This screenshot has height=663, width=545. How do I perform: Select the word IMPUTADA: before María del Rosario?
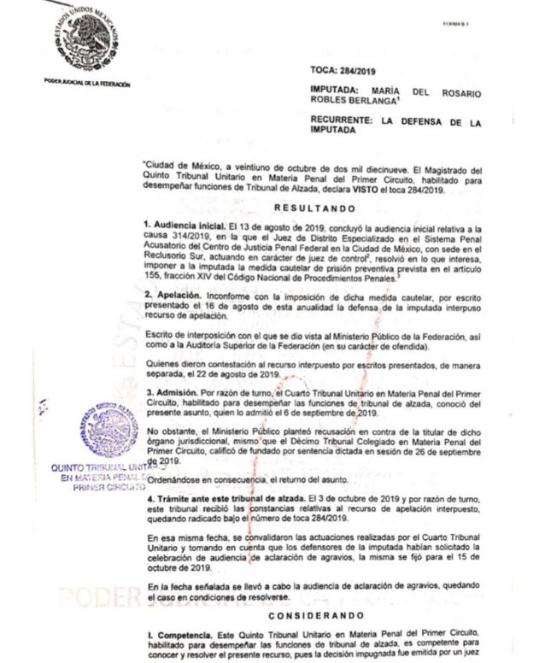340,90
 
